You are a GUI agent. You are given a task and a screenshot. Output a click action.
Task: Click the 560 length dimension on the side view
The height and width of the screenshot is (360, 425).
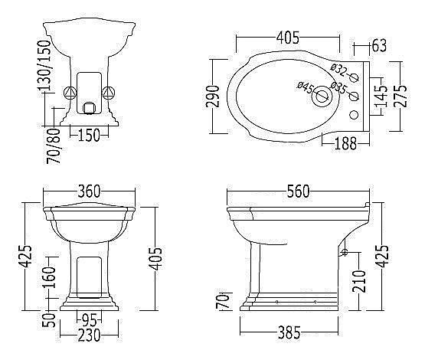point(298,191)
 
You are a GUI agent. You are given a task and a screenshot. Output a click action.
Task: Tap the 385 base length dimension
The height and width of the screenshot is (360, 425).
point(289,332)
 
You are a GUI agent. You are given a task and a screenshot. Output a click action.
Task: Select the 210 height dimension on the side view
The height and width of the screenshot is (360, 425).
point(359,281)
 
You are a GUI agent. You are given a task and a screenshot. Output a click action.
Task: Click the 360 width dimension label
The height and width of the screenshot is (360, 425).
point(89,191)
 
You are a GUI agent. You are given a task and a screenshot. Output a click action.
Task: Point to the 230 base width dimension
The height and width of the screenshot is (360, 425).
point(89,335)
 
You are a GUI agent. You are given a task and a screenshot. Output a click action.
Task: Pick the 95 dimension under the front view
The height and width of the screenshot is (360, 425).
point(90,321)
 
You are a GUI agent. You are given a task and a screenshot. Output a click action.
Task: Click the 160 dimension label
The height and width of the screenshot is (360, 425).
point(49,277)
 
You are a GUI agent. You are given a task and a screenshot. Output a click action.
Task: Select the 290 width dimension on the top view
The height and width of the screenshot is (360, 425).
point(212,97)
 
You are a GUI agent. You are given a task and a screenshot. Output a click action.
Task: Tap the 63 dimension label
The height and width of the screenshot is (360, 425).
point(379,45)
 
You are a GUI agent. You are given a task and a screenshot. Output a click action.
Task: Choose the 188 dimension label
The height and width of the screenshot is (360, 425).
point(345,143)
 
